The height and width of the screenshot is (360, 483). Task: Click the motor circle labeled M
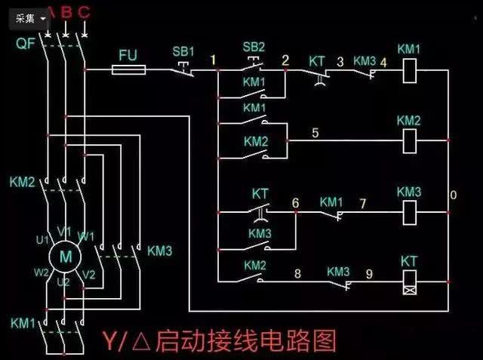[x=66, y=256]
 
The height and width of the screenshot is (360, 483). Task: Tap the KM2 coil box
[x=409, y=140]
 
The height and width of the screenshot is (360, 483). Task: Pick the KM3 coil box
[x=409, y=211]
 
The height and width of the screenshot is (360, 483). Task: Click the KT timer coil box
[x=409, y=281]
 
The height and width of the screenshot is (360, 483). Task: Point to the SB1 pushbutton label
[x=183, y=51]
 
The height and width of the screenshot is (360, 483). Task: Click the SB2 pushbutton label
[x=254, y=46]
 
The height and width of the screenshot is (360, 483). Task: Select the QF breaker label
[x=24, y=43]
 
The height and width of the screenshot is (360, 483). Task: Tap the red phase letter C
[x=84, y=11]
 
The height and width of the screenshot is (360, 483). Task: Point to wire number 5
[x=315, y=133]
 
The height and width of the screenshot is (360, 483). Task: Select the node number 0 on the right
[x=453, y=196]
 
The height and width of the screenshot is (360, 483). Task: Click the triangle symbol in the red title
[x=140, y=341]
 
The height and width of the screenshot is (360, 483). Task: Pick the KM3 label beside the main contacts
[x=159, y=250]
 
